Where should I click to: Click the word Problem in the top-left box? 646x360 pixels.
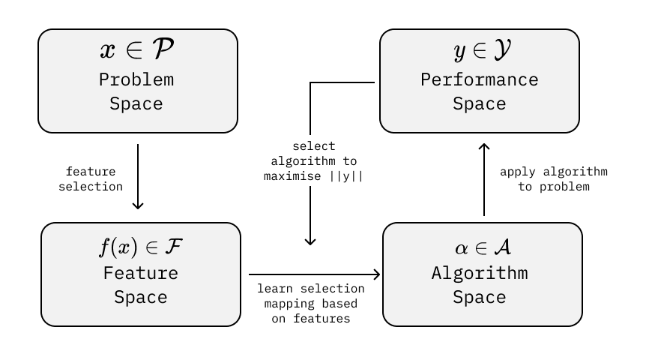[x=136, y=79]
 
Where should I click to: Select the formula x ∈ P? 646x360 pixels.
[x=138, y=50]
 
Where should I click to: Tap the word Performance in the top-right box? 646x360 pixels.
[x=479, y=79]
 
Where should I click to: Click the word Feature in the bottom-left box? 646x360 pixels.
[x=141, y=272]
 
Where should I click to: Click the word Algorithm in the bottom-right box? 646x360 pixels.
[x=479, y=272]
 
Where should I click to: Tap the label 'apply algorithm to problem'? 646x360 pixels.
[x=554, y=179]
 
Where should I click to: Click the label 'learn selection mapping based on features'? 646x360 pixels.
[x=311, y=303]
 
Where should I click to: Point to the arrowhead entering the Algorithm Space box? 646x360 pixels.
[x=377, y=275]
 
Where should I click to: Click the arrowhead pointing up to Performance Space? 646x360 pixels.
[x=484, y=147]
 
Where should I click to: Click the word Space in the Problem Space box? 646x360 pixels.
[x=136, y=104]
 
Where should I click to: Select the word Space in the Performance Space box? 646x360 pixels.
[x=479, y=104]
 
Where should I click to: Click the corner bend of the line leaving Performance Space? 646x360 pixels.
[x=311, y=82]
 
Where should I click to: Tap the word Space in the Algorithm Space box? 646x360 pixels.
[x=479, y=297]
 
